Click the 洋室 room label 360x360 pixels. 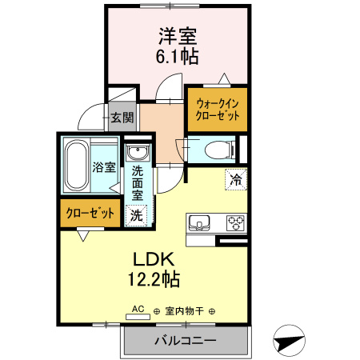point(177,37)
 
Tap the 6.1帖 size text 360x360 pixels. point(177,58)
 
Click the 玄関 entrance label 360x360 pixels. point(122,119)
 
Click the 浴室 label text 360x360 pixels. point(104,168)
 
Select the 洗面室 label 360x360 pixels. point(137,182)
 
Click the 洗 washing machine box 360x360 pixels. point(137,214)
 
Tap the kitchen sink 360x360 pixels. point(198,222)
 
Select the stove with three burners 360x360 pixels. point(236,222)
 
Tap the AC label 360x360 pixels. point(137,309)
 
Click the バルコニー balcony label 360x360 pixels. point(185,341)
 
